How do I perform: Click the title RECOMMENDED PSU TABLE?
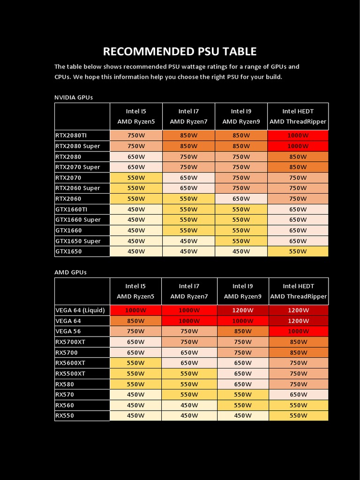tap(180, 52)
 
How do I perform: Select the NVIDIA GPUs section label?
tap(74, 97)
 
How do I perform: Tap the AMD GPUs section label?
tap(70, 272)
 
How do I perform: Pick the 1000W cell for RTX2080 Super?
tap(298, 146)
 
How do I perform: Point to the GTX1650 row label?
tap(68, 251)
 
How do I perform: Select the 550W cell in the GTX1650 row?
tap(298, 251)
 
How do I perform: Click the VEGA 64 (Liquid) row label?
tap(80, 310)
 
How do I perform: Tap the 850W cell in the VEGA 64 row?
tap(136, 321)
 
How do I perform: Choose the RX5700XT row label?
tap(70, 342)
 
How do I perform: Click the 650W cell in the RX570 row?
tap(298, 395)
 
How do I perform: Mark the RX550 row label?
tap(65, 415)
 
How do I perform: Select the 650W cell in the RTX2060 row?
tap(241, 199)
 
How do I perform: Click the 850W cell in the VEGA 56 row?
tap(243, 331)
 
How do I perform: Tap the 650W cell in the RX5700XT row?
tap(136, 342)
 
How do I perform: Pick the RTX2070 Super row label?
tap(78, 167)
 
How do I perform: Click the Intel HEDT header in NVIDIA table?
tap(298, 112)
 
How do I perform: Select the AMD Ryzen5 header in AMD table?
tap(135, 296)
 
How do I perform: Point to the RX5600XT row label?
tap(70, 363)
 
